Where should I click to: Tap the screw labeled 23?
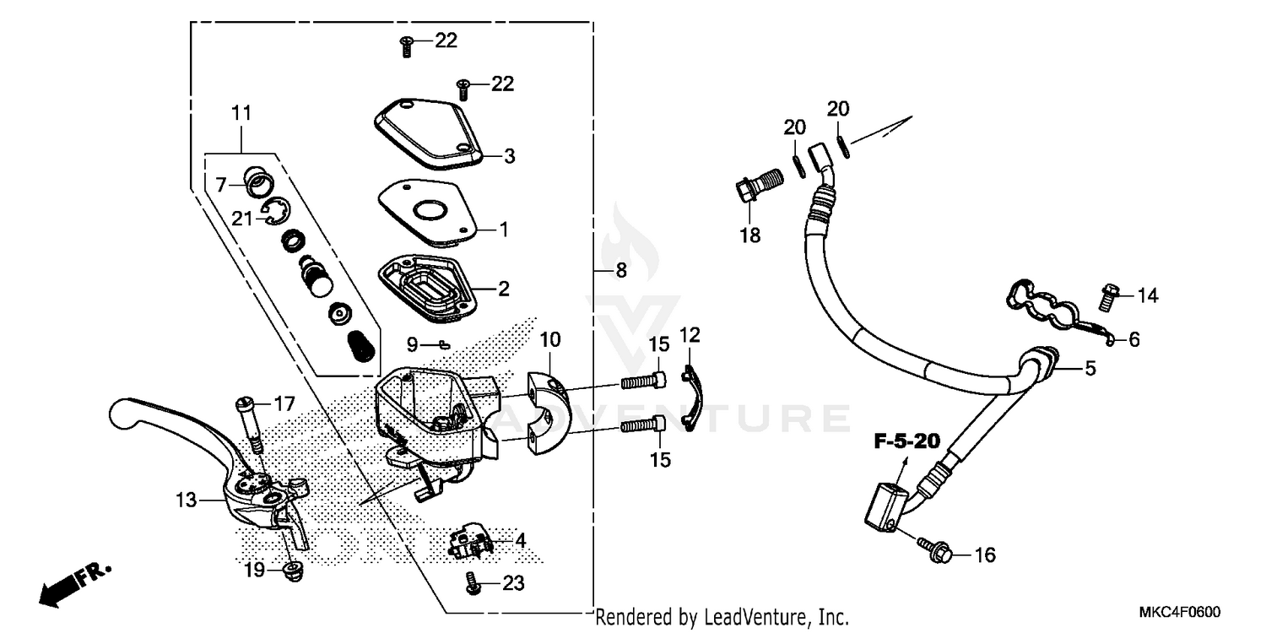point(473,582)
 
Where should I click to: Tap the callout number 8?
point(620,271)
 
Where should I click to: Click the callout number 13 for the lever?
point(187,500)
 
